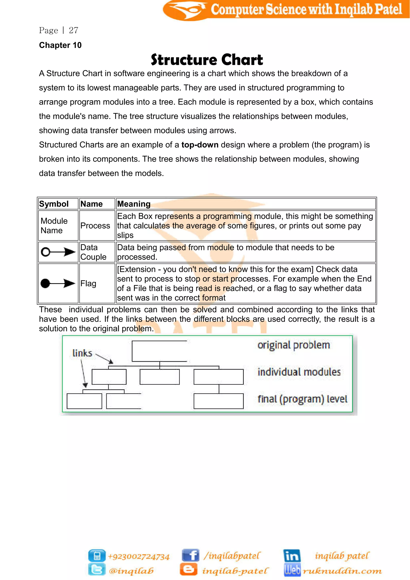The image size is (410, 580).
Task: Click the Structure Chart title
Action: point(207,60)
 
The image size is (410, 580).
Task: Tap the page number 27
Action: point(73,30)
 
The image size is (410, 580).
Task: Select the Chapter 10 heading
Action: point(60,45)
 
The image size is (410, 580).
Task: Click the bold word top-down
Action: point(200,145)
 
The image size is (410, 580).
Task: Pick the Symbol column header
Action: point(54,204)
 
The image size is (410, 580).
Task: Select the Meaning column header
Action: point(134,204)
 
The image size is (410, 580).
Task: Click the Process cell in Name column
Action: point(95,226)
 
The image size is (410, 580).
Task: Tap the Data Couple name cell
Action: point(93,252)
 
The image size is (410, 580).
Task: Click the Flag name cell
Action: point(88,283)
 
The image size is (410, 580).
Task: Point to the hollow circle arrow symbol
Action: point(58,252)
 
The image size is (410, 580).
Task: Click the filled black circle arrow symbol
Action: point(58,283)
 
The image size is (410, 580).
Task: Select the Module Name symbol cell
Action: point(54,226)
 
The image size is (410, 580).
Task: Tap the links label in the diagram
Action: point(82,353)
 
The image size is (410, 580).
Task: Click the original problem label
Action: point(294,345)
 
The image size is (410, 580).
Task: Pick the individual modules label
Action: point(299,372)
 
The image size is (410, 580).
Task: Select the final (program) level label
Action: point(302,399)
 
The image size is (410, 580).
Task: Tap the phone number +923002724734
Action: point(139,557)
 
